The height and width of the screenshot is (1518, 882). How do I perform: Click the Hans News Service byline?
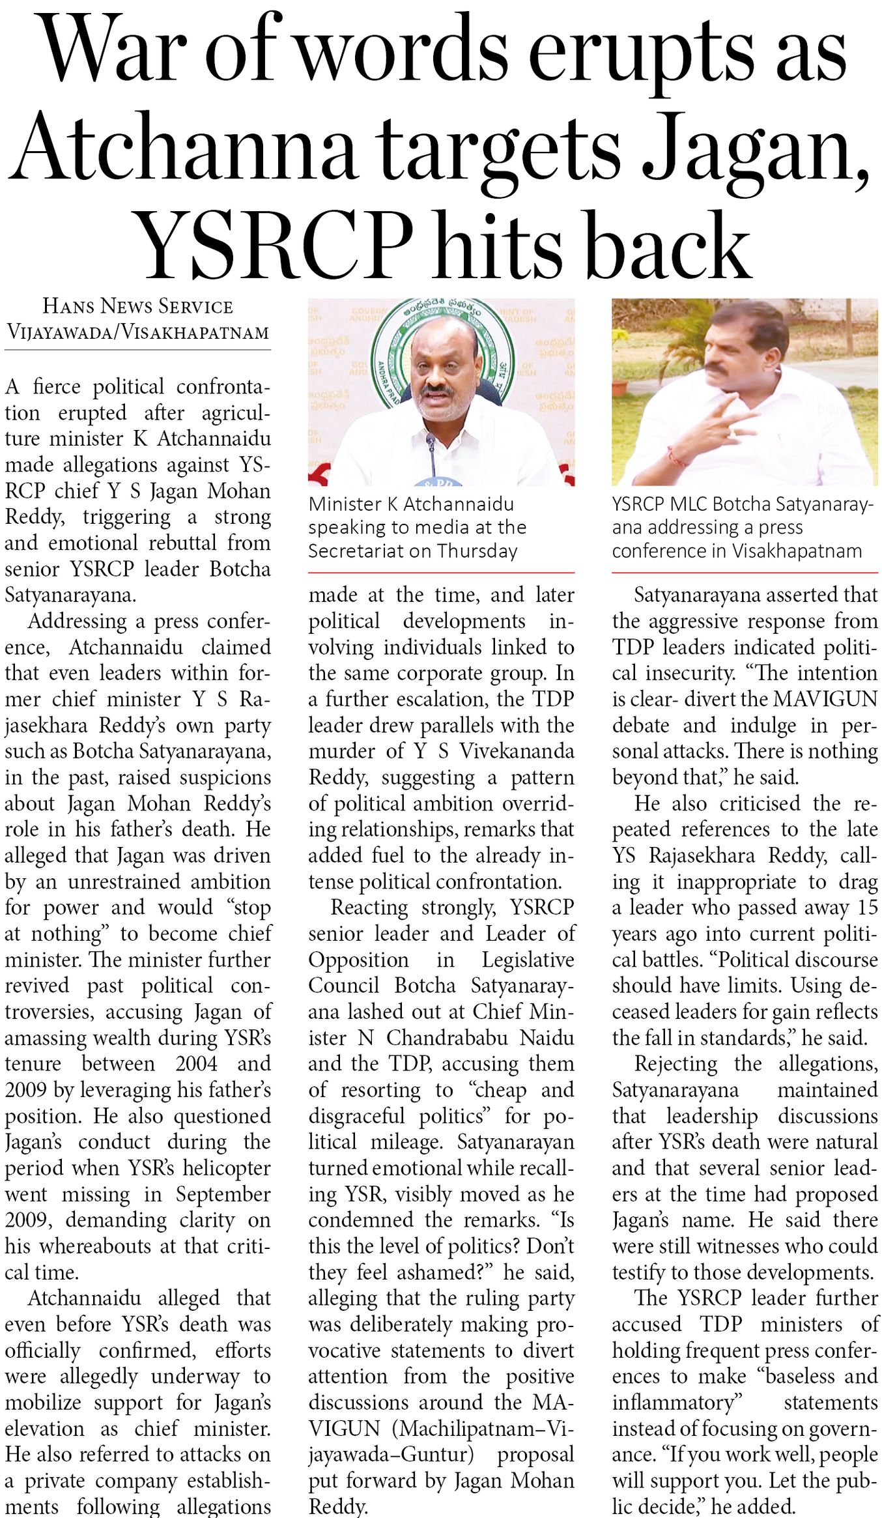tap(137, 306)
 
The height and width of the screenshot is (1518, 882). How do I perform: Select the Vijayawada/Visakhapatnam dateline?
tap(137, 332)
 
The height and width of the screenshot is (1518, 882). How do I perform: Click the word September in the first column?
tap(223, 1194)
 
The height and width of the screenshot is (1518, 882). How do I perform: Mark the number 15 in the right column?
tap(868, 907)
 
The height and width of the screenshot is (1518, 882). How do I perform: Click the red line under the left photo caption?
tap(441, 573)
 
